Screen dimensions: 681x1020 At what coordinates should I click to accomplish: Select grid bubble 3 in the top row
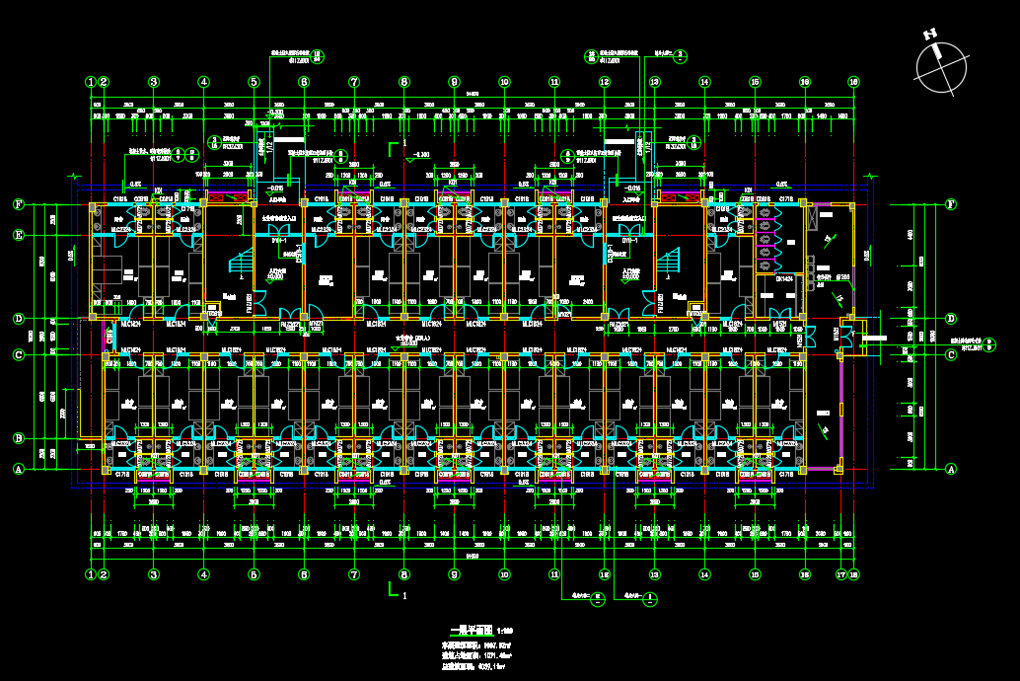click(x=154, y=82)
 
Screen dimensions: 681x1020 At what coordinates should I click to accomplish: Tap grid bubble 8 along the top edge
click(x=403, y=82)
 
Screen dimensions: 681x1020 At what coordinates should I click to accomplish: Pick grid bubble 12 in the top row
click(x=604, y=82)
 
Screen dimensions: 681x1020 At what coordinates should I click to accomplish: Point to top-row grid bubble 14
click(x=704, y=82)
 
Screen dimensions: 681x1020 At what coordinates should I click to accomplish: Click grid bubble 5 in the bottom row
click(x=254, y=573)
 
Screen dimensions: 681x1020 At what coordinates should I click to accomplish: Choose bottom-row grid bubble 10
click(x=504, y=573)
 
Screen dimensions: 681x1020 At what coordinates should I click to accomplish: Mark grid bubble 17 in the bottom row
click(x=840, y=573)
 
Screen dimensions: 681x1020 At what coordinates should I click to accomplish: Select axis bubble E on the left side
click(x=18, y=235)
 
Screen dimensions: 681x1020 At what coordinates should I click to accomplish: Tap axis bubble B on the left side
click(x=18, y=438)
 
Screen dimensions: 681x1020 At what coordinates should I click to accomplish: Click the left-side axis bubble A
click(x=18, y=469)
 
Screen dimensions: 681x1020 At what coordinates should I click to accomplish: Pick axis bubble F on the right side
click(x=951, y=204)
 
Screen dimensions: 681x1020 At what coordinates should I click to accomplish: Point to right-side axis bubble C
click(x=951, y=354)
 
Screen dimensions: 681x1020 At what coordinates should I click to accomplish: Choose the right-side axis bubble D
click(x=951, y=319)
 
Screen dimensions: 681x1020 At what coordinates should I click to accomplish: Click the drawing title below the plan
click(x=473, y=629)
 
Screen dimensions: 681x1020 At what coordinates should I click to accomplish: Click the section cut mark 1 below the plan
click(x=396, y=591)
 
